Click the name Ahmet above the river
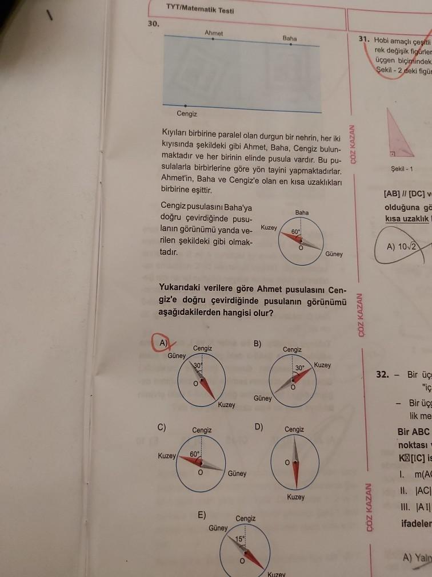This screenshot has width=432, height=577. pos(213,33)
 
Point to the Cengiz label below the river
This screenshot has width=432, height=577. pos(187,113)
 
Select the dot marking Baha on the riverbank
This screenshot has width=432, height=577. pos(290,44)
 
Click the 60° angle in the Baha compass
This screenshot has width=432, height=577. pos(295,232)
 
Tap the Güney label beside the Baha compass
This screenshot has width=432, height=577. pos(334,254)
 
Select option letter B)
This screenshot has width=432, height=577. pos(257,343)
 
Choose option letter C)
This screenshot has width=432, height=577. pos(163,426)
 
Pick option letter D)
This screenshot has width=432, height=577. pos(258,426)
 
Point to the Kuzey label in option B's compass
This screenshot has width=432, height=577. pos(322,365)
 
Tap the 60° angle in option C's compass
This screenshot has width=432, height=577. pos(194,454)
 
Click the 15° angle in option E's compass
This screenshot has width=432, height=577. pos(240,539)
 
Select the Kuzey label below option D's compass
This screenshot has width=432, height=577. pos(296,497)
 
